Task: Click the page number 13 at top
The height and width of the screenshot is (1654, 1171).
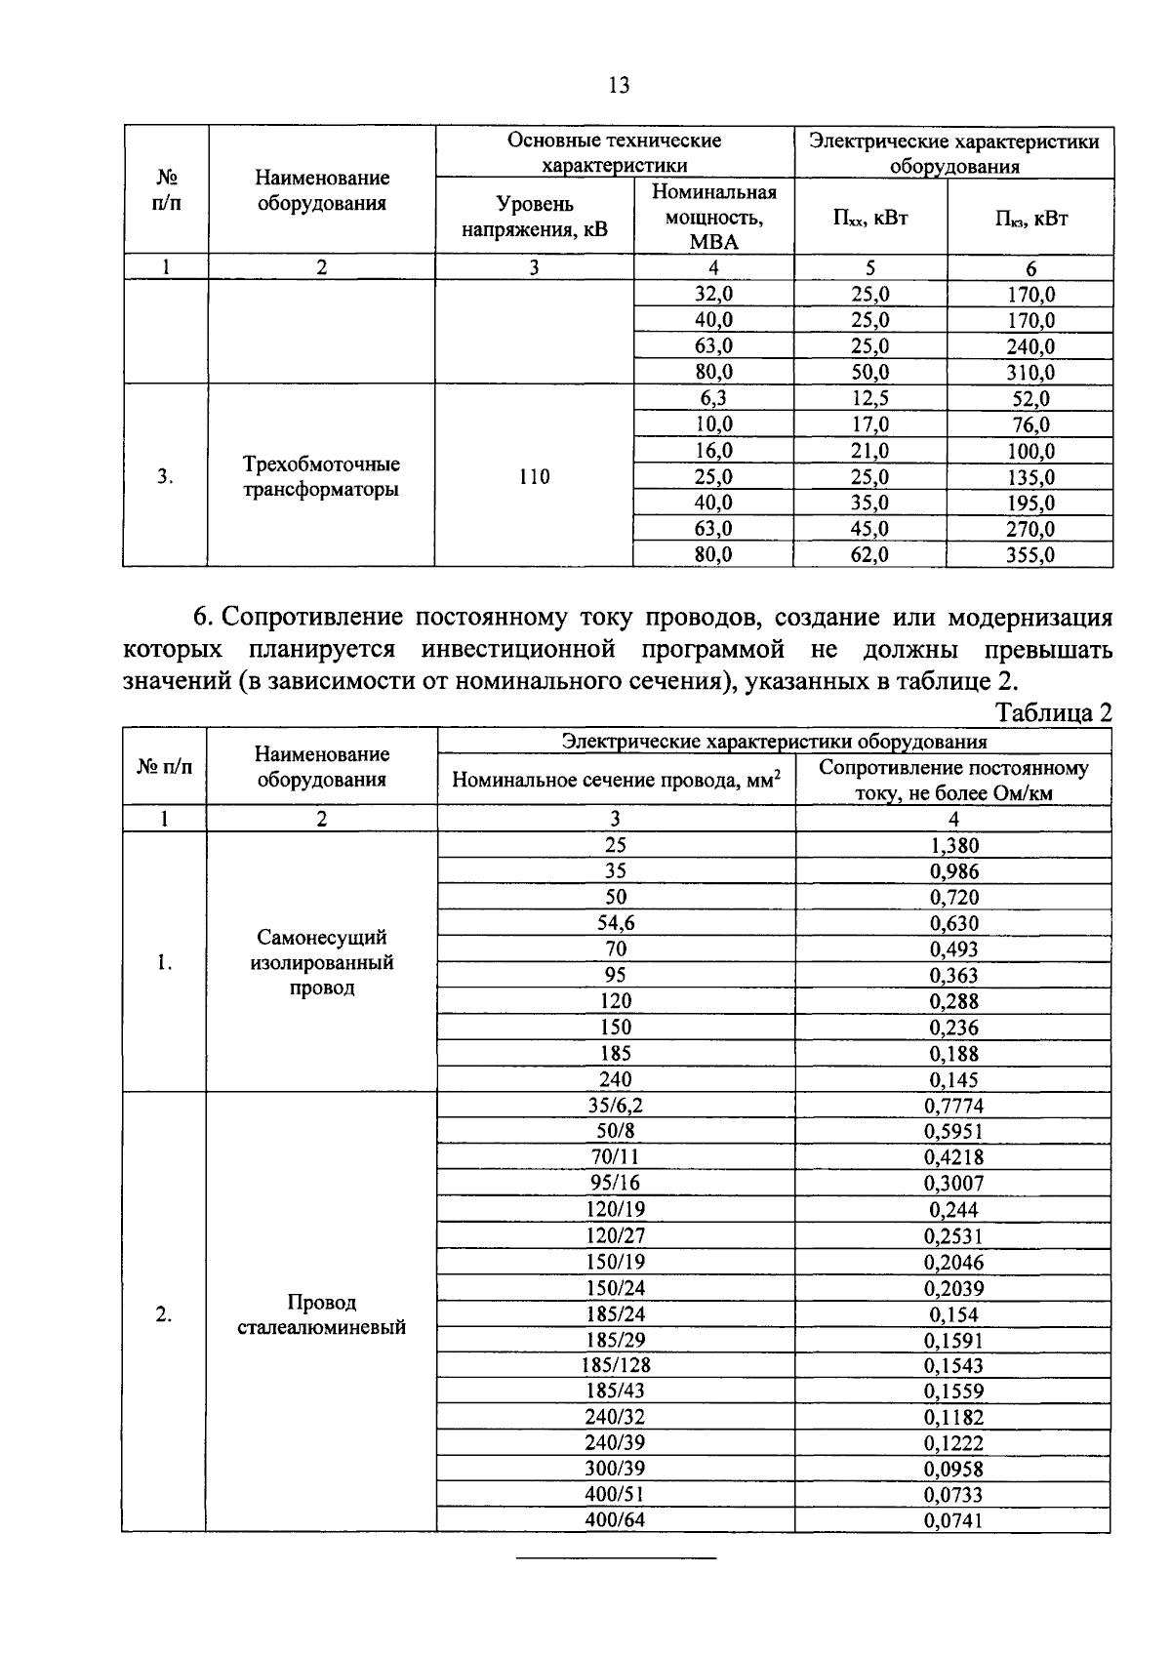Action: (x=619, y=86)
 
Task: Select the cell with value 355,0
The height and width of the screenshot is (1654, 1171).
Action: (x=1030, y=555)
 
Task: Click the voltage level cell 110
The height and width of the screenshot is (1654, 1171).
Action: (x=534, y=476)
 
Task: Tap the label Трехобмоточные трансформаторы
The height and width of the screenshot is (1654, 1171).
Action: (x=321, y=476)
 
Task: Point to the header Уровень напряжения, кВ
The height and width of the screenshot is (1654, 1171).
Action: (x=534, y=217)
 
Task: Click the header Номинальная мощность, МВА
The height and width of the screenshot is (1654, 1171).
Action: (x=713, y=217)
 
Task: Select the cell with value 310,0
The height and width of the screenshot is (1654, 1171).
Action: (x=1030, y=372)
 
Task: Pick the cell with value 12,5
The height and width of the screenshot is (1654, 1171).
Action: (x=869, y=398)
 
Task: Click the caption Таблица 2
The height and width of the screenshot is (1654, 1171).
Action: (x=1054, y=713)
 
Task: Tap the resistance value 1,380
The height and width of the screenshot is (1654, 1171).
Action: (x=953, y=845)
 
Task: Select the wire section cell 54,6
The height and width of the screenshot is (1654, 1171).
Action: (x=616, y=923)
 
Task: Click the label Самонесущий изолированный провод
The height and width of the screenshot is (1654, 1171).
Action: (x=321, y=962)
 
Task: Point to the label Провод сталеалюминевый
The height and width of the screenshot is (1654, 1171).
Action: (x=321, y=1314)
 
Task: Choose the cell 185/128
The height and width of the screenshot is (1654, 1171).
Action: (x=616, y=1365)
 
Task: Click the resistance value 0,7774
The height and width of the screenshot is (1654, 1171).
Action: (x=953, y=1106)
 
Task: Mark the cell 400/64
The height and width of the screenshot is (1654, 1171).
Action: (x=616, y=1519)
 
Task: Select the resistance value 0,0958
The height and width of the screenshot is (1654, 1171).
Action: (x=953, y=1469)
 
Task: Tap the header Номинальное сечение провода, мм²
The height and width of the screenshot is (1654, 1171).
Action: (x=616, y=780)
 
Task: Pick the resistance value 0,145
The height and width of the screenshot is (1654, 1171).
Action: (x=953, y=1079)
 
